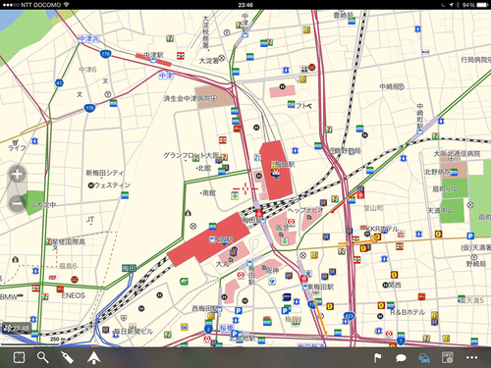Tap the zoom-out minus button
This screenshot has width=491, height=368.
point(17,203)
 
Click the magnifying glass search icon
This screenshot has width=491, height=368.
point(43,358)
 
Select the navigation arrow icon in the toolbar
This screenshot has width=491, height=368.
point(93,358)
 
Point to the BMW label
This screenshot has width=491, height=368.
point(10,296)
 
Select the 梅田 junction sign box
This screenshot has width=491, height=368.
point(129,268)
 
